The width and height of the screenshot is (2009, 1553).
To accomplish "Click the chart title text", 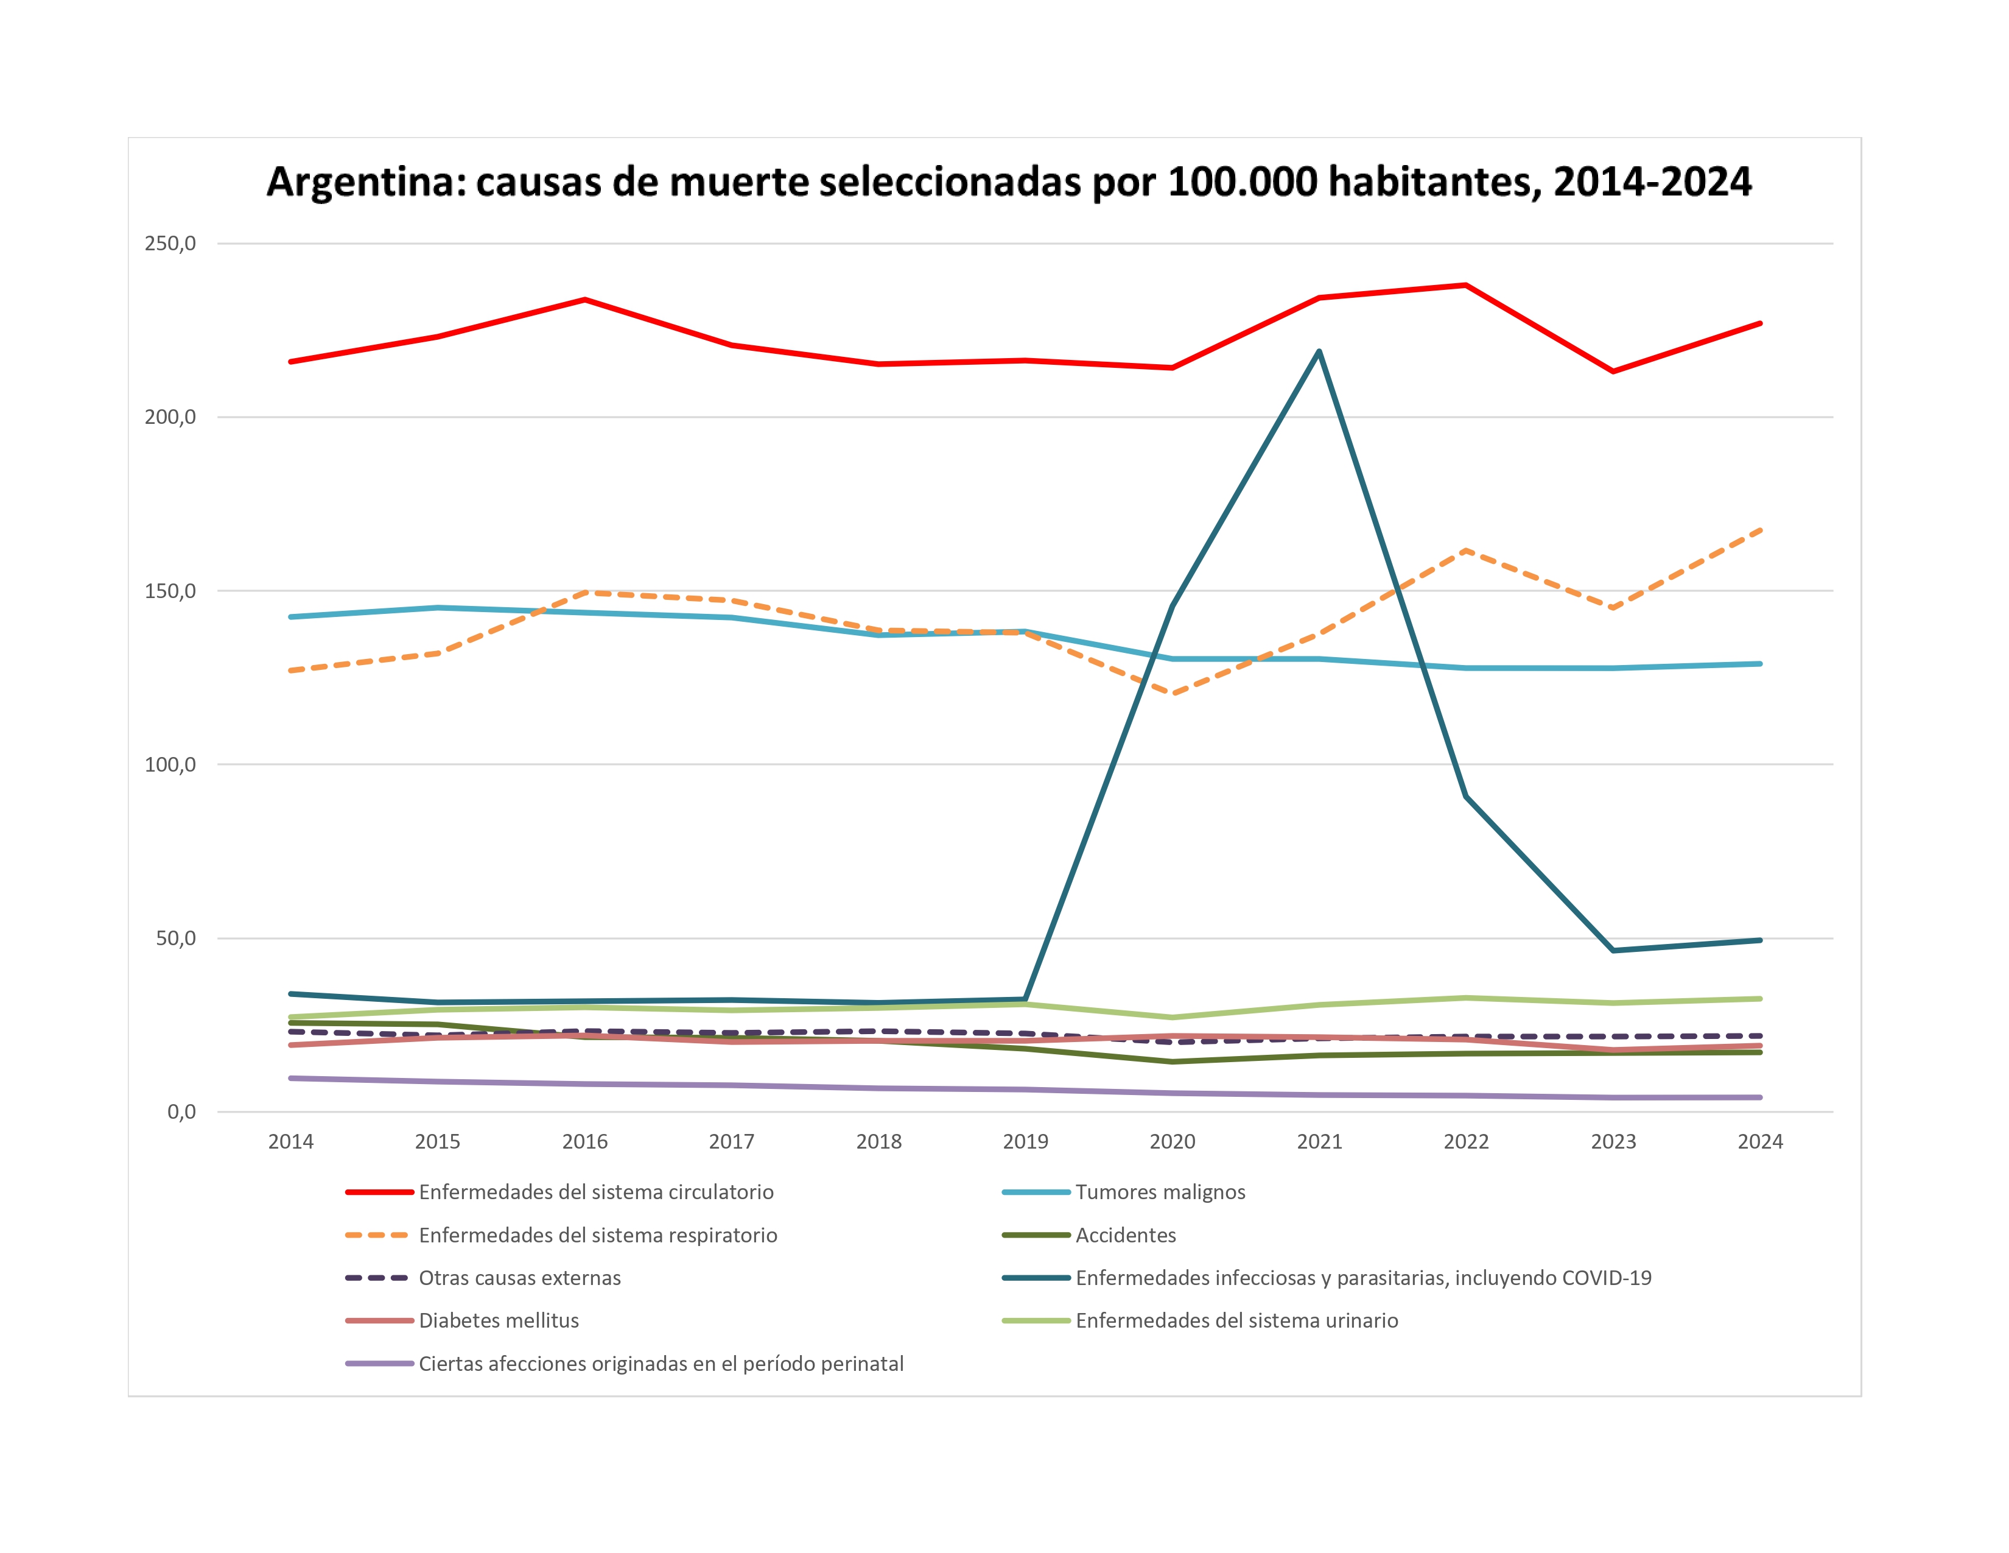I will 1008,181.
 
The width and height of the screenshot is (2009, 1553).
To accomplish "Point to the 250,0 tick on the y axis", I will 170,244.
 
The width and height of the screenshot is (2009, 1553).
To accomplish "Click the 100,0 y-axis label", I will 170,764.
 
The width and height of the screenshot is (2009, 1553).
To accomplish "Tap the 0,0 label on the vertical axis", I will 181,1111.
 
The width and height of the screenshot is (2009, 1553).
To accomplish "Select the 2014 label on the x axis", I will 290,1142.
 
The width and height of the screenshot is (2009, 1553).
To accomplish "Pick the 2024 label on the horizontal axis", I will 1760,1142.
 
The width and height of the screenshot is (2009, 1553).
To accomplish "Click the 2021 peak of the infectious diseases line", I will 1319,351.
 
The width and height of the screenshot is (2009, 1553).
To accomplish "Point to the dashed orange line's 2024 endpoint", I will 1760,530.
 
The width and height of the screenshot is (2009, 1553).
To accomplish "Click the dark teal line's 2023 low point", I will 1613,951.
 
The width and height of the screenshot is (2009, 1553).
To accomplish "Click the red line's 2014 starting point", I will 290,362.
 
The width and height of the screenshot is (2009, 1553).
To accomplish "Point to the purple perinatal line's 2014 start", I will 290,1078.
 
